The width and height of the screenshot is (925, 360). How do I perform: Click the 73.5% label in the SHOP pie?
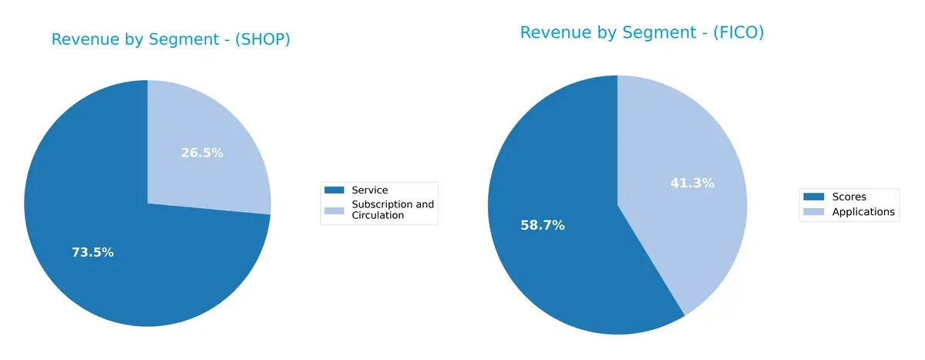(92, 252)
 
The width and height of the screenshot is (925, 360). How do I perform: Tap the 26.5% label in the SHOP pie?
(202, 153)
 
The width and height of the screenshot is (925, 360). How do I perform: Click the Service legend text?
(369, 190)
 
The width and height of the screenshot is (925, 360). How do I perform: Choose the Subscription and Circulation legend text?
(392, 210)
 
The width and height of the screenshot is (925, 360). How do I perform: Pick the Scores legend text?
(849, 197)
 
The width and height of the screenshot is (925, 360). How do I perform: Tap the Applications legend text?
(863, 211)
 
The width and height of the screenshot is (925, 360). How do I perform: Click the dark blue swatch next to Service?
(335, 190)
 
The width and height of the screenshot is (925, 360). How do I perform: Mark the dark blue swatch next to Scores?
(814, 197)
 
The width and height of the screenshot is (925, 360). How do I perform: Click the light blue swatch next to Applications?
(814, 212)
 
